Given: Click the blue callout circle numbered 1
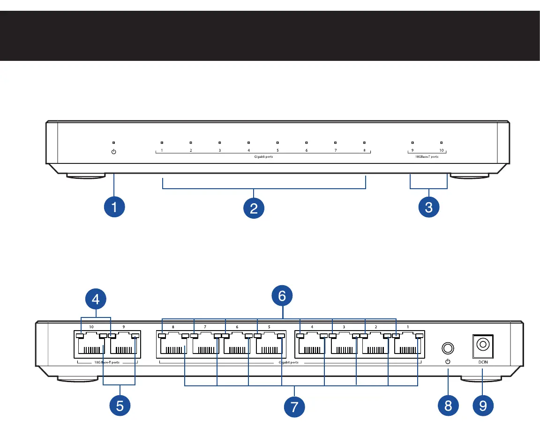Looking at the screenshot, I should tap(114, 206).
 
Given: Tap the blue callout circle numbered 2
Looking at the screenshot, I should tap(254, 206).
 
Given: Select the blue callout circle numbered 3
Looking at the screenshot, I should tap(428, 206).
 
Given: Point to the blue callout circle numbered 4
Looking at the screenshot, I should tap(96, 298).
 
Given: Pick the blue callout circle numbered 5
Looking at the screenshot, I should tap(120, 406).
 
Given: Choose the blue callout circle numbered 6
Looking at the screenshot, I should tap(282, 296).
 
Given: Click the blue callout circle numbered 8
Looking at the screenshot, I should tap(448, 406).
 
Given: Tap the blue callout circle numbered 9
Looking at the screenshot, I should tap(483, 406).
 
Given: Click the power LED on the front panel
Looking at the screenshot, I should tap(114, 142).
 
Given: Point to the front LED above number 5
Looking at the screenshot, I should tap(277, 142).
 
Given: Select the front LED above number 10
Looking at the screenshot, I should tap(441, 142).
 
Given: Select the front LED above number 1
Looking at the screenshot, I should tap(162, 142).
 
